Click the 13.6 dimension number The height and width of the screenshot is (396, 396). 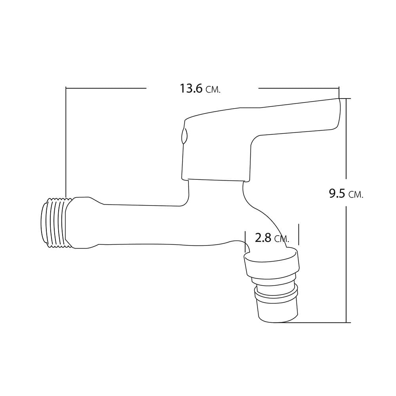[191, 89]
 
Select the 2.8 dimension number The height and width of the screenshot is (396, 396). [263, 238]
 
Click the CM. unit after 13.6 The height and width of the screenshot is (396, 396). [213, 90]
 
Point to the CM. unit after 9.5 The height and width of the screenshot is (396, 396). [356, 195]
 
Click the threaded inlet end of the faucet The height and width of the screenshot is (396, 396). [53, 223]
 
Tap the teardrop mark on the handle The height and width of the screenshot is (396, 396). [184, 136]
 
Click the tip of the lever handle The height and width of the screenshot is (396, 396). [339, 99]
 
